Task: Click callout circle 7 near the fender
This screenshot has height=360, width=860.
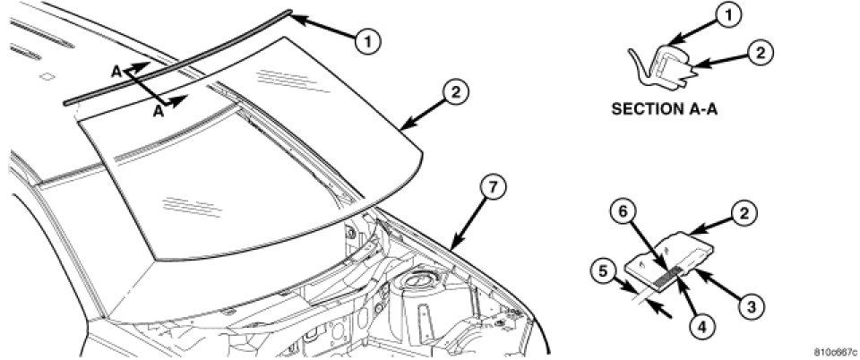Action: click(x=492, y=187)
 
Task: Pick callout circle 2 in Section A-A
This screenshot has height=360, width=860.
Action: click(x=761, y=53)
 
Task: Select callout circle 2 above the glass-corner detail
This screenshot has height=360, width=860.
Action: click(x=745, y=213)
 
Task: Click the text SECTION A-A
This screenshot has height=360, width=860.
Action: click(x=665, y=108)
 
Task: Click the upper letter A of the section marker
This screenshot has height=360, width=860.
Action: click(x=116, y=72)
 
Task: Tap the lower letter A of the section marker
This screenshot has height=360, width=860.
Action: click(x=159, y=112)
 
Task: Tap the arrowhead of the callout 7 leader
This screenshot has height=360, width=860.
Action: click(x=451, y=248)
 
